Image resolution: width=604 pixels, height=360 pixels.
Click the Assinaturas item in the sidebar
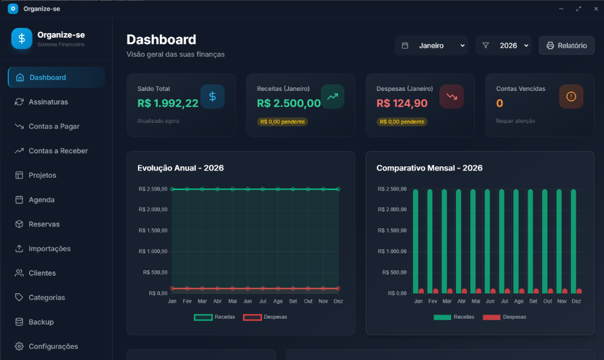(48, 102)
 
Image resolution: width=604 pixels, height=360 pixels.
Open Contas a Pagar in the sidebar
(54, 126)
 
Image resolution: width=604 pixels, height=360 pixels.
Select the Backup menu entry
(41, 322)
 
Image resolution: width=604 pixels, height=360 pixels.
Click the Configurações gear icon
(19, 346)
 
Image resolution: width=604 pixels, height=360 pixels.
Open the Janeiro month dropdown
(431, 45)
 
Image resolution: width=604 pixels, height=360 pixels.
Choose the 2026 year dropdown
(504, 45)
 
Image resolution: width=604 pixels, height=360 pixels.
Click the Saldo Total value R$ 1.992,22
(168, 103)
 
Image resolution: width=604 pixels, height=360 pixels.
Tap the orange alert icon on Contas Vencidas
(571, 96)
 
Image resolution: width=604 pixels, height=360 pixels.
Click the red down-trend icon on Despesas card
(451, 96)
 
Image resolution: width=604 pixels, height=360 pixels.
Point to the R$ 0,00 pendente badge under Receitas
(283, 122)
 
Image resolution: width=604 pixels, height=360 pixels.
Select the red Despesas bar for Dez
(579, 291)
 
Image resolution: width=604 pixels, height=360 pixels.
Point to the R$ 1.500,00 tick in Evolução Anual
(153, 231)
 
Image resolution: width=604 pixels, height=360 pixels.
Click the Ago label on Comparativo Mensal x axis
(518, 301)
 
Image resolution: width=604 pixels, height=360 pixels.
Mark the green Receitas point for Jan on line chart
(172, 189)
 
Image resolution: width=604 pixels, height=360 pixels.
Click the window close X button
(593, 9)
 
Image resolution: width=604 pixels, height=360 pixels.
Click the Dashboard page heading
(161, 40)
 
